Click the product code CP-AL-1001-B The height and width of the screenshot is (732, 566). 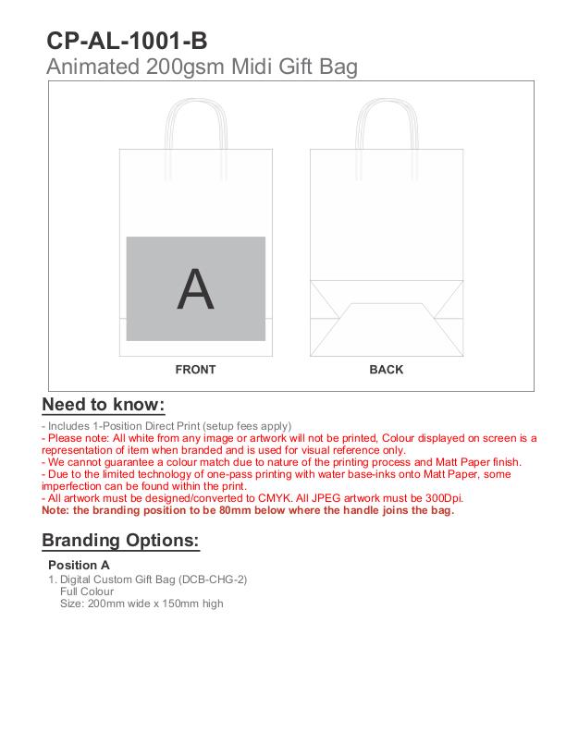coord(127,41)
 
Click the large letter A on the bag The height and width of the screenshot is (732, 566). coord(195,289)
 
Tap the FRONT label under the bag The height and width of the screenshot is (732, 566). coord(195,370)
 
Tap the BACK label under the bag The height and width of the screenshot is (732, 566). coord(386,370)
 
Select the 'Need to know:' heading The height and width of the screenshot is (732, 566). coord(103,405)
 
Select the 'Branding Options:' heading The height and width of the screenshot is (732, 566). coord(120,541)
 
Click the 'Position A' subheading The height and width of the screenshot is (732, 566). coord(79,565)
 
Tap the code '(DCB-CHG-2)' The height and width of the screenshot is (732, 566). coord(215,579)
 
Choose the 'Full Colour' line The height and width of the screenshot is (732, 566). coord(87,592)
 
